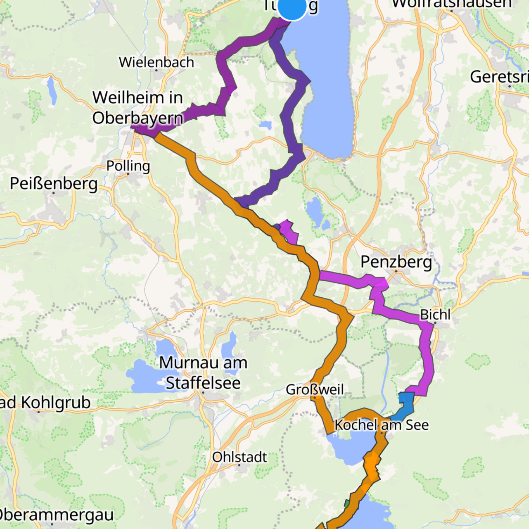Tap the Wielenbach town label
pos(156,62)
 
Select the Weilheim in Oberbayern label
pos(137,107)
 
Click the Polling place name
pos(128,165)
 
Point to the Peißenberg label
pos(54,183)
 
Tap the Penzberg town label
pos(396,262)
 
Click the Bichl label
pos(435,315)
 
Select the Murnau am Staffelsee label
pos(203,373)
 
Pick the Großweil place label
pos(315,389)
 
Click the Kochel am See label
pos(381,425)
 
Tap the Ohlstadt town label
pos(239,457)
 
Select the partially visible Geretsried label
pos(499,77)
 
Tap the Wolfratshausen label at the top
pos(451,3)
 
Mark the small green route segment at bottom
pos(347,504)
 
